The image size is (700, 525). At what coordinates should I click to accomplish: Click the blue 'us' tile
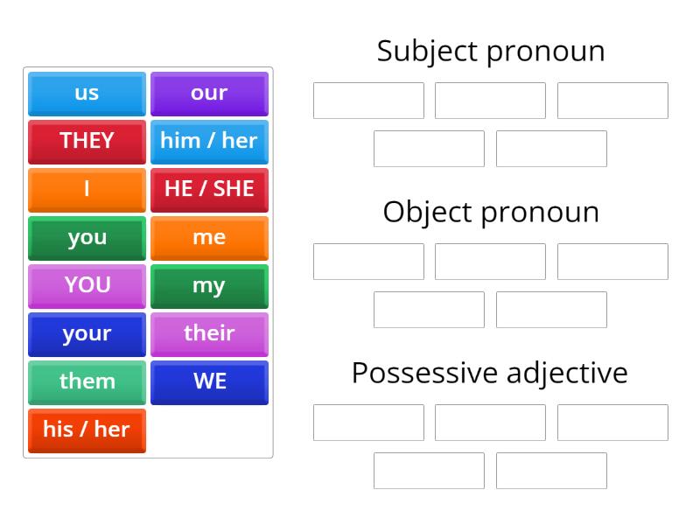click(87, 94)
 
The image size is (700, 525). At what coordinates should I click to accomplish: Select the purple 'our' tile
click(209, 94)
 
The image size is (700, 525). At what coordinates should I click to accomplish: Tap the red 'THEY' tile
click(87, 142)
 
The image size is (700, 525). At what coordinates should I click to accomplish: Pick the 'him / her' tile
click(209, 142)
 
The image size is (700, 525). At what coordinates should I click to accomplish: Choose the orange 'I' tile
click(87, 190)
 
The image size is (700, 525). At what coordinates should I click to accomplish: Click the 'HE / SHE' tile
click(209, 190)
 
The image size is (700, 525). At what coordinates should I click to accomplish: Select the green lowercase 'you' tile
click(87, 238)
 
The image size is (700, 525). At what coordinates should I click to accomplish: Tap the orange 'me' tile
click(209, 238)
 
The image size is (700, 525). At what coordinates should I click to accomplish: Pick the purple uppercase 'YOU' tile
click(87, 286)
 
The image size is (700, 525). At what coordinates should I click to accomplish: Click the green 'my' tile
click(209, 286)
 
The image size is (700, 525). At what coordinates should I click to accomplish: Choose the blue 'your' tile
click(87, 334)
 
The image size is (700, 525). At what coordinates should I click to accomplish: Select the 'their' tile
click(209, 334)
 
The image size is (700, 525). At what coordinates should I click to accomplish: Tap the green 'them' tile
click(87, 382)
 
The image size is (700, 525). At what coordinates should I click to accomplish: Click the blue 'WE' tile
click(209, 382)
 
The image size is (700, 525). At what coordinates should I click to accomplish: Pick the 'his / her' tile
click(87, 430)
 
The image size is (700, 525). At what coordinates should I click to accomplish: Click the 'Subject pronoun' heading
click(490, 51)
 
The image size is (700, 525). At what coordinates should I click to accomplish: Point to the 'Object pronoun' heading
click(490, 212)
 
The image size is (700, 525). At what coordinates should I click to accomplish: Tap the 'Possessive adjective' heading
click(490, 373)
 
